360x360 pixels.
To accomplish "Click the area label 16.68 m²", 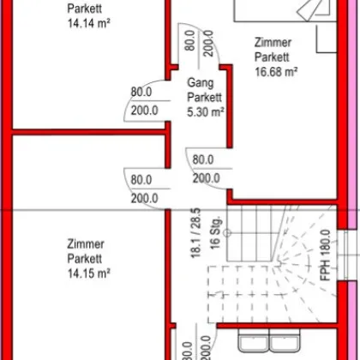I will (x=275, y=71).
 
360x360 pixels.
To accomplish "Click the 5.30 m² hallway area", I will (x=205, y=110).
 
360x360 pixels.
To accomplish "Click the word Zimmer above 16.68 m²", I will (x=273, y=42).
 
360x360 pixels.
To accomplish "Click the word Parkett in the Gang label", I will (x=205, y=97).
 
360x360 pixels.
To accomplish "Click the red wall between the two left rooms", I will (x=86, y=133).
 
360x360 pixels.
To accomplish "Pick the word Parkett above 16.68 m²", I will (x=273, y=57).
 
